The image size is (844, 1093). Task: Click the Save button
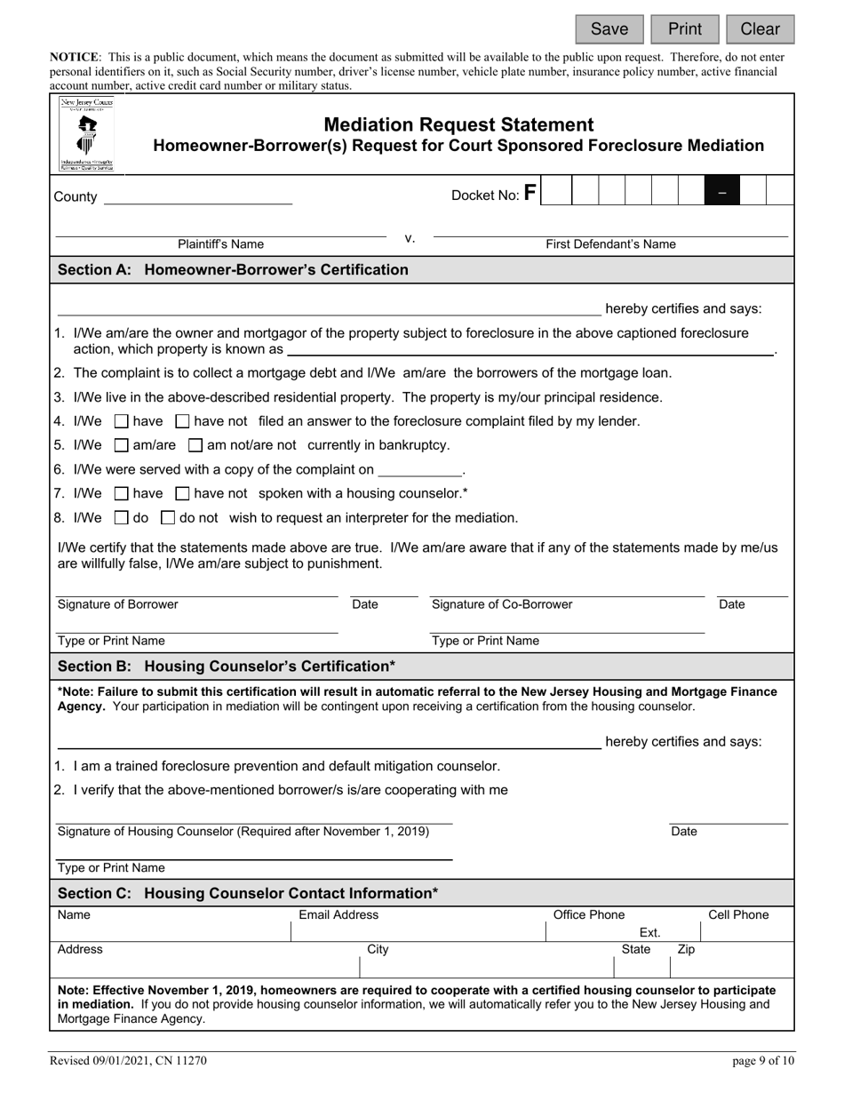[x=609, y=29]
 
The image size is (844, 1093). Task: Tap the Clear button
[x=760, y=29]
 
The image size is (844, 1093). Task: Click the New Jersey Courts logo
[x=87, y=134]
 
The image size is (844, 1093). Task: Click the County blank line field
[x=198, y=196]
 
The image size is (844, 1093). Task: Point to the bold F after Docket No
[x=529, y=193]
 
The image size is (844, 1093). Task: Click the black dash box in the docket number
[x=722, y=192]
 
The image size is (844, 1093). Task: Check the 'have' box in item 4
[x=123, y=421]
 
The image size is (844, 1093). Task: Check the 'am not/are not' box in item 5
[x=196, y=445]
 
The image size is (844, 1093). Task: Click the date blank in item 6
[x=420, y=469]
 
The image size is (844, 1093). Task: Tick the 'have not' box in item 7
[x=183, y=493]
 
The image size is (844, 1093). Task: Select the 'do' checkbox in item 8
[x=123, y=518]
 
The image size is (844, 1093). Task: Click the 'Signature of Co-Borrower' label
[x=502, y=605]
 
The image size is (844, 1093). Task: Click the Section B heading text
[x=227, y=666]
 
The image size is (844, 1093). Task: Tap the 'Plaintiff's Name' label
[x=220, y=244]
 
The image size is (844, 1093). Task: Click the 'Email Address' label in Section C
[x=338, y=915]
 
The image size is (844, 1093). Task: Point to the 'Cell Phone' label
[x=738, y=915]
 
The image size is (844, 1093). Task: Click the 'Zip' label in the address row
[x=686, y=950]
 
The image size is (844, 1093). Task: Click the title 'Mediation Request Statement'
[x=458, y=125]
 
